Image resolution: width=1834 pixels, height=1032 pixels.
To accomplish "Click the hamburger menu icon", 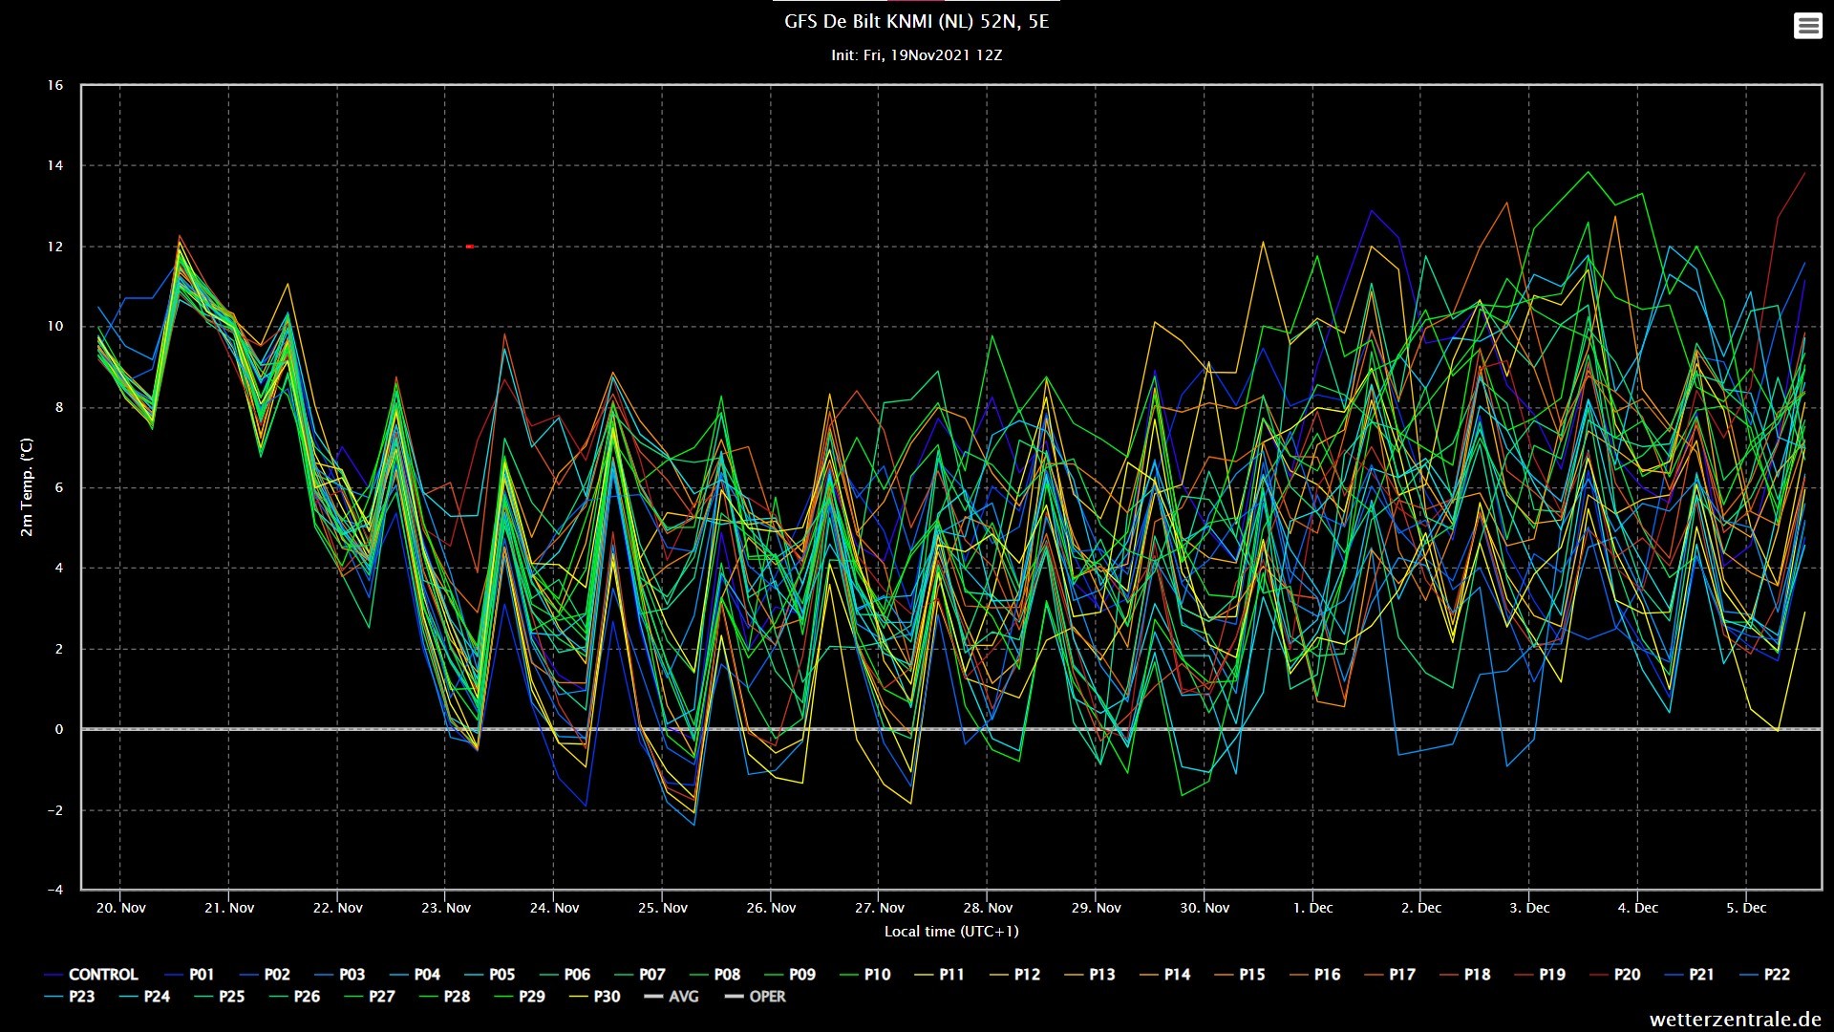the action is click(x=1807, y=26).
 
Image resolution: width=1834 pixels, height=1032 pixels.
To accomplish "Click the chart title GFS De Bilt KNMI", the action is click(x=916, y=22).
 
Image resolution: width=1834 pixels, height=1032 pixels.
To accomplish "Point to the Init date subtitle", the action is click(x=916, y=55).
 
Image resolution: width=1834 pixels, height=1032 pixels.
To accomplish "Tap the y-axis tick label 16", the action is click(x=54, y=85).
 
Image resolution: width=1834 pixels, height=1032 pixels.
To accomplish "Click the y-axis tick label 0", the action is click(x=59, y=729).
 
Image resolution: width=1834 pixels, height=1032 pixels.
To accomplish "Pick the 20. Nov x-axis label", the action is click(x=121, y=908).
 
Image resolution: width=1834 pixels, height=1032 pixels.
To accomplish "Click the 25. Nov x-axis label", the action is click(x=663, y=908).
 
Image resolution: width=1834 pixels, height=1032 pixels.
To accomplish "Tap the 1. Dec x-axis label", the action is click(x=1313, y=908).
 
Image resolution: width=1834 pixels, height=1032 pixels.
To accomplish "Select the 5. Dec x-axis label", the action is click(x=1746, y=908).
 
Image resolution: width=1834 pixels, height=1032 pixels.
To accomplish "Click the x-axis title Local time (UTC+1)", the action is click(x=951, y=932).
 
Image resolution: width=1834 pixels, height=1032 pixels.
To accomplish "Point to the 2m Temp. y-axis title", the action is click(x=27, y=487).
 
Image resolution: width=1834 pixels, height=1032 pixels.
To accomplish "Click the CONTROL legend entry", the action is click(x=92, y=975).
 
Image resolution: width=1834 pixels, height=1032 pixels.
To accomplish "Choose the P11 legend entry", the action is click(x=940, y=975).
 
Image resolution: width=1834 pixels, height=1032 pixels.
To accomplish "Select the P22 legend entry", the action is click(x=1764, y=975).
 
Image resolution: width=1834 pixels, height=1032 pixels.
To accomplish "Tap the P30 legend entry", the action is click(x=595, y=997).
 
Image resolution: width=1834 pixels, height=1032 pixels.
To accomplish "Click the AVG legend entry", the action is click(x=672, y=997).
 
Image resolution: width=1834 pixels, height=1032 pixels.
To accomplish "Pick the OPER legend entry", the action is click(x=755, y=997).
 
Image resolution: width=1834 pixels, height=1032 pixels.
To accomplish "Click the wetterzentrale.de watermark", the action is click(x=1735, y=1020).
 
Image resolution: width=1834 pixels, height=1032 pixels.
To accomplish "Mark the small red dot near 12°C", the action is click(x=470, y=247).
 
